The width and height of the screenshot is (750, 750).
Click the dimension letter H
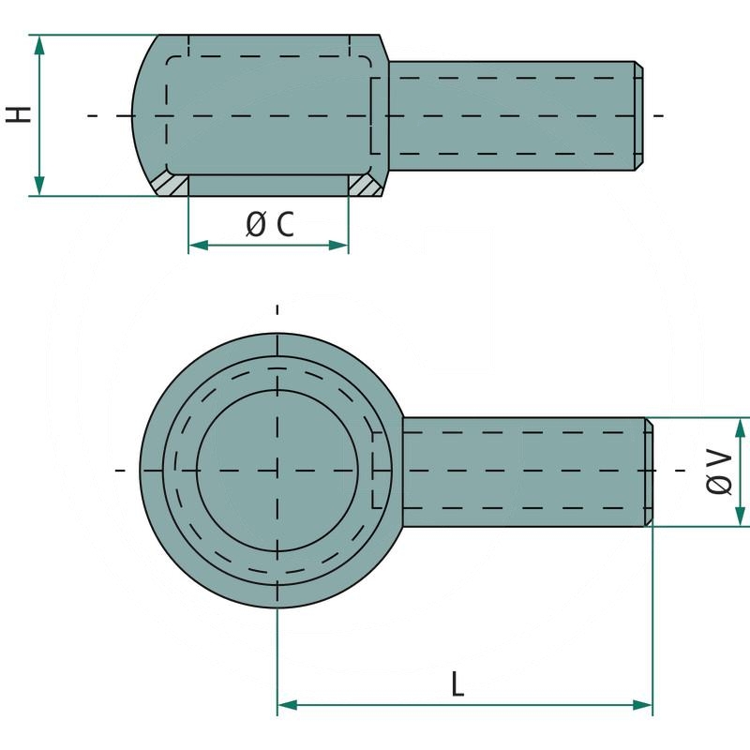(x=19, y=114)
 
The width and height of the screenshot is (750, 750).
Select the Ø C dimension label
(x=270, y=224)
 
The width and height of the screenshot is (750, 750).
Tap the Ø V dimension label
(x=719, y=472)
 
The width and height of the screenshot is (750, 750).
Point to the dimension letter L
(x=457, y=684)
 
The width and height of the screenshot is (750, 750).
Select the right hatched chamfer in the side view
(x=367, y=186)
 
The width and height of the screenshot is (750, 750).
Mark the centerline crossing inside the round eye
(x=277, y=469)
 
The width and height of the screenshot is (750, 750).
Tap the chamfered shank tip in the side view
(x=638, y=115)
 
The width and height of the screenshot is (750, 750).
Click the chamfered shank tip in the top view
(x=649, y=472)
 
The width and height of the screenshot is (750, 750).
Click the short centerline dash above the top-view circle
(x=277, y=308)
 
